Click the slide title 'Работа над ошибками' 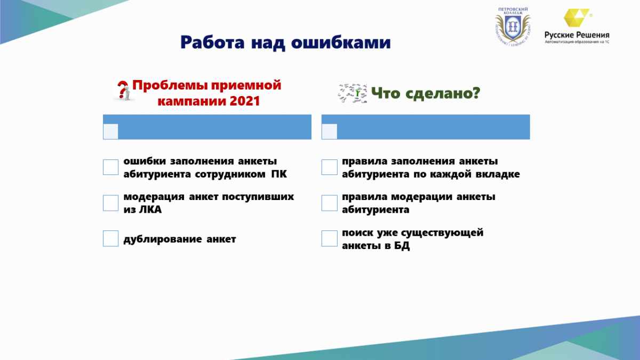(x=285, y=43)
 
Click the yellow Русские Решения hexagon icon (x=577, y=18)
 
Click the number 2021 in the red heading (x=245, y=101)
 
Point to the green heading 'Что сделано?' (x=426, y=93)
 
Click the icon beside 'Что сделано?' (x=353, y=93)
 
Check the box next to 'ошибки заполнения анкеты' (x=110, y=167)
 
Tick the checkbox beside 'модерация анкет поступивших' (x=110, y=203)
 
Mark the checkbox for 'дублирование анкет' (x=110, y=238)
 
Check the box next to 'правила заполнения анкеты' (x=330, y=167)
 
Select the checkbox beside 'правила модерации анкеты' (x=330, y=203)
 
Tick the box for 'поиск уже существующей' (x=330, y=238)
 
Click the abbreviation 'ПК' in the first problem (x=279, y=174)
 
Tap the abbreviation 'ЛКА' (x=150, y=210)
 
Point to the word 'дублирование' (x=163, y=239)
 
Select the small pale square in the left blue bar (x=110, y=131)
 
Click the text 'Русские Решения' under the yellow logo (x=577, y=35)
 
